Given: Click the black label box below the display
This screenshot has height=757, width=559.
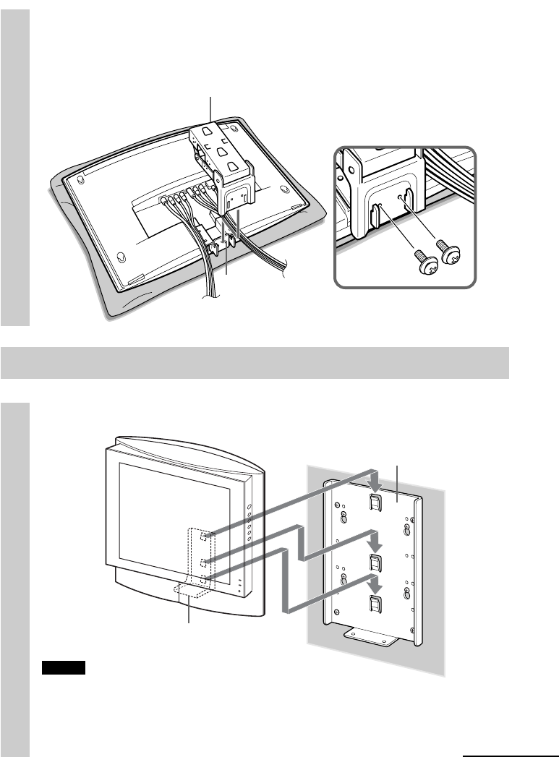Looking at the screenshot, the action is (64, 667).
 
